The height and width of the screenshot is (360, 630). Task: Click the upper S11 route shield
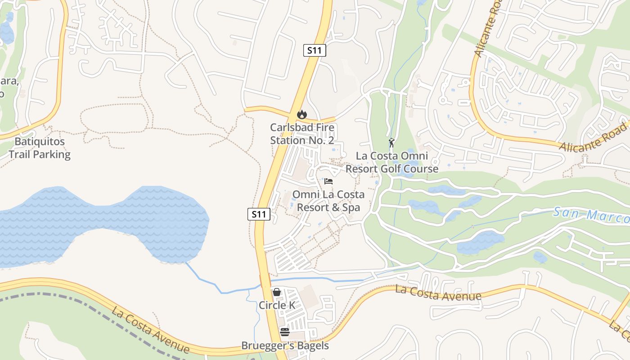pos(314,50)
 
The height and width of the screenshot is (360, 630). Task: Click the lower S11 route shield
pos(259,214)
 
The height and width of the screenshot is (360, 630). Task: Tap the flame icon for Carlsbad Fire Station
pos(302,115)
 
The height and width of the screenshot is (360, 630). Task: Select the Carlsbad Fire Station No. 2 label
pos(302,134)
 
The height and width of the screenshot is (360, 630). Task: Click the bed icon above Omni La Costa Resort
pos(328,181)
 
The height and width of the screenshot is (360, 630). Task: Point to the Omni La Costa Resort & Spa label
pos(328,201)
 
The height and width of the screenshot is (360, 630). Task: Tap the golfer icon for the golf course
pos(391,143)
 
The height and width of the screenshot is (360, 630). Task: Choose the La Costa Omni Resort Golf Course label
pos(391,162)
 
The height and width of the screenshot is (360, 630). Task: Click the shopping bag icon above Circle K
pos(277,292)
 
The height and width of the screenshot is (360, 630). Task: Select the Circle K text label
pos(277,305)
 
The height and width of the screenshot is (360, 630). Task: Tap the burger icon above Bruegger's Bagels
pos(285,333)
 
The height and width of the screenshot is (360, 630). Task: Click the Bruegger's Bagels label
pos(285,346)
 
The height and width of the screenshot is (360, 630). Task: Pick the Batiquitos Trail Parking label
pos(40,148)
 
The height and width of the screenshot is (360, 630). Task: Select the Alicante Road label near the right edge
pos(593,139)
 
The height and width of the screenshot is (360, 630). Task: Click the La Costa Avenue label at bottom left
pos(151,330)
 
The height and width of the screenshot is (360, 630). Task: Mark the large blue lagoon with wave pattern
pos(90,220)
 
